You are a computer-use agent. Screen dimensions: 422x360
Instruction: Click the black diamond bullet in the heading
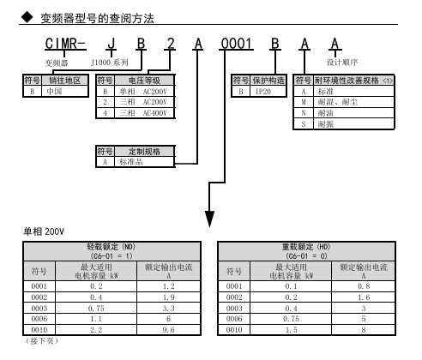[x=27, y=17]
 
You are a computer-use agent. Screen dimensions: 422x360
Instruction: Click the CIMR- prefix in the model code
[x=65, y=44]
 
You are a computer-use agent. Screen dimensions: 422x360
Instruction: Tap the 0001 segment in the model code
[x=236, y=44]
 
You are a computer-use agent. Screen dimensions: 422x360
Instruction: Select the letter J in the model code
[x=112, y=44]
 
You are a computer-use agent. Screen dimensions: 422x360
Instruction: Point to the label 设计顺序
[x=342, y=62]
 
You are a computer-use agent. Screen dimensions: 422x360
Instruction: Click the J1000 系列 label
[x=110, y=62]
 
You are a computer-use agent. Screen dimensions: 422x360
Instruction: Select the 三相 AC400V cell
[x=143, y=113]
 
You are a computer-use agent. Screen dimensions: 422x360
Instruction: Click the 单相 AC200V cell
[x=143, y=92]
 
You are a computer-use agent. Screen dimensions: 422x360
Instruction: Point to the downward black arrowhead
[x=209, y=219]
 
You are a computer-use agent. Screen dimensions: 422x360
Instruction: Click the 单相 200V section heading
[x=44, y=231]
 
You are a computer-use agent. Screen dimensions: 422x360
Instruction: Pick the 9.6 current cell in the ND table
[x=168, y=330]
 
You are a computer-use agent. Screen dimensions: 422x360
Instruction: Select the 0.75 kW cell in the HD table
[x=291, y=319]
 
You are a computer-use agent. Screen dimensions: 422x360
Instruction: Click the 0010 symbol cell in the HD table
[x=234, y=330]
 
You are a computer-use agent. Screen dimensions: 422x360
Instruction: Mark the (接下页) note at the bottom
[x=42, y=340]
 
